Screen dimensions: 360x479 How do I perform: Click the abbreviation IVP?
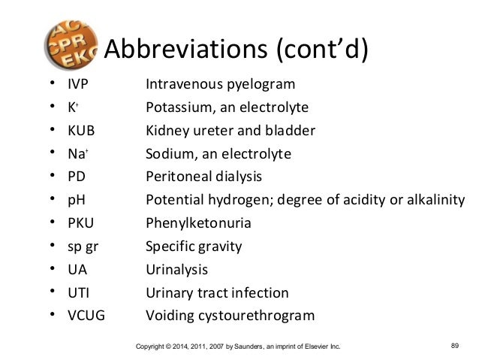pyautogui.click(x=79, y=83)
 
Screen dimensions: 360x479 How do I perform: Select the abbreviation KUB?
pyautogui.click(x=82, y=130)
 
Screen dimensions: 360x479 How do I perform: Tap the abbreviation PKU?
pyautogui.click(x=81, y=223)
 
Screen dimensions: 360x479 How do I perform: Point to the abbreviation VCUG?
pyautogui.click(x=86, y=316)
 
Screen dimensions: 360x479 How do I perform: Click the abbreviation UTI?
pyautogui.click(x=78, y=292)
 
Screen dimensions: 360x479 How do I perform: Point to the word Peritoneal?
pyautogui.click(x=178, y=177)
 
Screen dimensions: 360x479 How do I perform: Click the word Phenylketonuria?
pyautogui.click(x=198, y=223)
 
